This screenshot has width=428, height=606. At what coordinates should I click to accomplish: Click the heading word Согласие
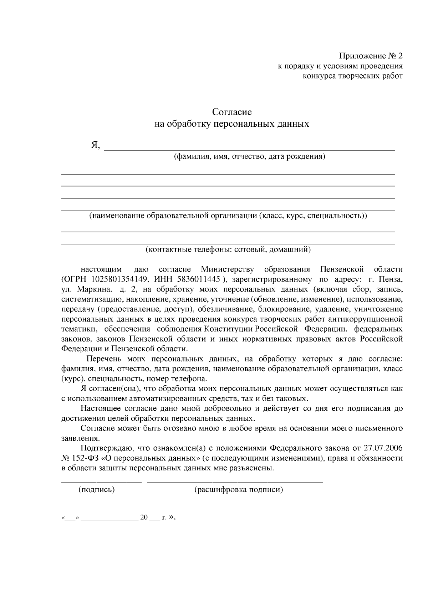[232, 112]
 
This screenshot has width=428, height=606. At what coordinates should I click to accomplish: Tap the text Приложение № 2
[371, 56]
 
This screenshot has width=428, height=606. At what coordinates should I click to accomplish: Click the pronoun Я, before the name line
[95, 146]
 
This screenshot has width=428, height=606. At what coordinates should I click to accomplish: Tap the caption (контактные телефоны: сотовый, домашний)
[228, 249]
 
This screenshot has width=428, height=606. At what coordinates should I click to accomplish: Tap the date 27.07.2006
[383, 448]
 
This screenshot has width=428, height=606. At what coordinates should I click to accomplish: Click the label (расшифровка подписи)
[238, 490]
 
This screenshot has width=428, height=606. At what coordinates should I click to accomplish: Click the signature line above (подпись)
[101, 482]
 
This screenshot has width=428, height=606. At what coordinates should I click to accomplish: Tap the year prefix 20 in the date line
[144, 517]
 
